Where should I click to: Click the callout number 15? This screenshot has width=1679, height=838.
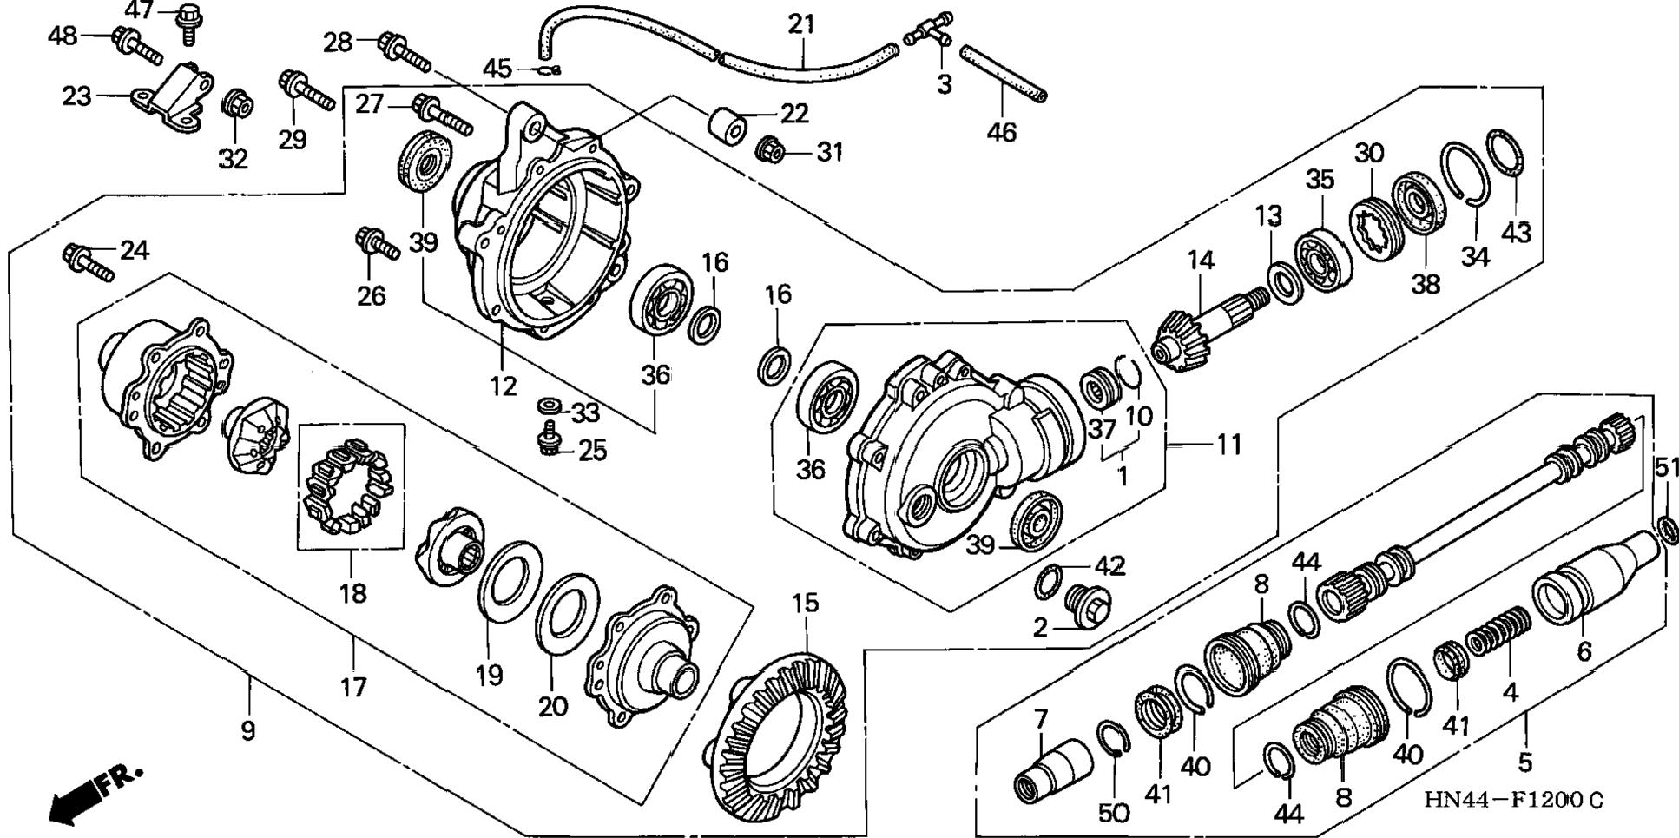click(805, 603)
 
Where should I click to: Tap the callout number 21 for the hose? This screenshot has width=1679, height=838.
click(802, 23)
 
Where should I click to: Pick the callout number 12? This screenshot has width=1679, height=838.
click(503, 386)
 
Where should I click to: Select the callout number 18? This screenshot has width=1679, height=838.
click(352, 593)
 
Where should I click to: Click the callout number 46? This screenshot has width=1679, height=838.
click(1002, 133)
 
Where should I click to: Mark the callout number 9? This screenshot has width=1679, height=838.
click(248, 731)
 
